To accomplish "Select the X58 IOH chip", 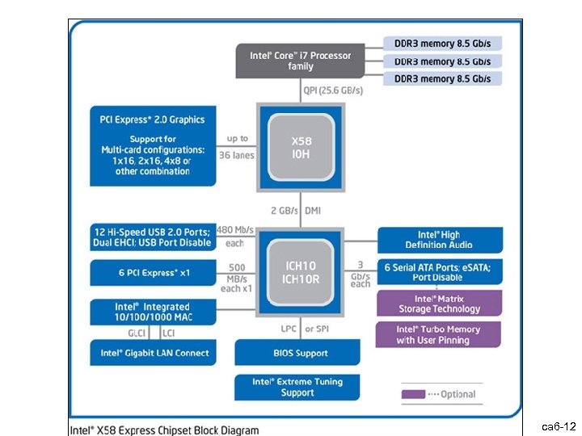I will (299, 147).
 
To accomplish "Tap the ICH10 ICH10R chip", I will (299, 272).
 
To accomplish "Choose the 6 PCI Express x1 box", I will (152, 272).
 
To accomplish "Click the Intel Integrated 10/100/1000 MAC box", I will (152, 312).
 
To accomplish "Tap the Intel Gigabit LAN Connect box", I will (152, 352).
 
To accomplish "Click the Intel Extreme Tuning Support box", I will (297, 388).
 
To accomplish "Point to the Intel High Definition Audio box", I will (439, 240).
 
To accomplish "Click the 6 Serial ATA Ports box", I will (439, 272).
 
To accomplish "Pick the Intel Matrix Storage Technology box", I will (439, 304).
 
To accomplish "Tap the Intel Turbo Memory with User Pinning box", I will (439, 335).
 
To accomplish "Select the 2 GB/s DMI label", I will (300, 211).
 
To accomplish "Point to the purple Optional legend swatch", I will (414, 394).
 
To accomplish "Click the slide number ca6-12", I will (558, 426).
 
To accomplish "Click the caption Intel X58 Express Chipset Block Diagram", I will (163, 429).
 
